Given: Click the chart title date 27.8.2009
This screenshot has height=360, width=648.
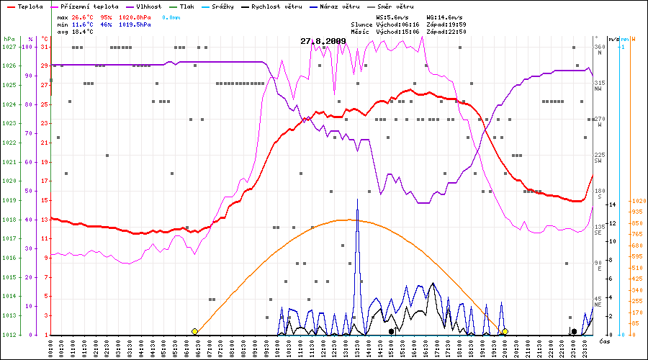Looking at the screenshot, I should [x=323, y=41].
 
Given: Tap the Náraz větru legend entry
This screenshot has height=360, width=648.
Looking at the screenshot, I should [x=339, y=6].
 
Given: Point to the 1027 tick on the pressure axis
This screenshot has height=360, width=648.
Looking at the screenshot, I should [x=9, y=47].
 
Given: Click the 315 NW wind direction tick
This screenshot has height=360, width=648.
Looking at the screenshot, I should [x=598, y=85].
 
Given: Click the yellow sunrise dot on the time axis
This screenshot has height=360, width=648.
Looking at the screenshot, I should [x=194, y=331].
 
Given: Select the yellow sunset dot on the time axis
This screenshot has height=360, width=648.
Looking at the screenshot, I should [x=505, y=331].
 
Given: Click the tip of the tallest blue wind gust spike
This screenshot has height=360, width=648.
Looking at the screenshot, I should [x=357, y=199].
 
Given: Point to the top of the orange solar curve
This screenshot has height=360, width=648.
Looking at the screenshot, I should [x=349, y=220].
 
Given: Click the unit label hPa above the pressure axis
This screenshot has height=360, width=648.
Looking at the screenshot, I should [x=9, y=38].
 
